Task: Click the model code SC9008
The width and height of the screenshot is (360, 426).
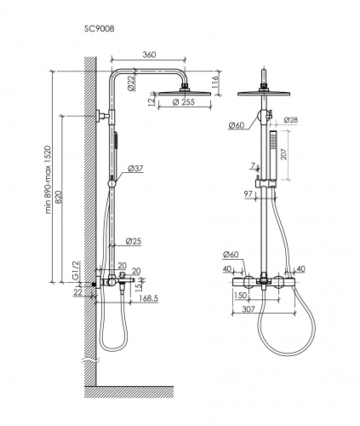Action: coord(99,29)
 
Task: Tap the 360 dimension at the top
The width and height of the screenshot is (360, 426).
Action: coord(149,55)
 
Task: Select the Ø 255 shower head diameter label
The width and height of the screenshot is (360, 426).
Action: coord(184,102)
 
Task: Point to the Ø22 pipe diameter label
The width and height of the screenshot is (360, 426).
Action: coord(131,83)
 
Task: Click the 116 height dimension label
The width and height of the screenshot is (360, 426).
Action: coord(215,82)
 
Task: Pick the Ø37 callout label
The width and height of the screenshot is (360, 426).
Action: coord(135,169)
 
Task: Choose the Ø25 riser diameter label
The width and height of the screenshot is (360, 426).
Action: coord(134,241)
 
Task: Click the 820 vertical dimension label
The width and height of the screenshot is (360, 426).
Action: coord(59,197)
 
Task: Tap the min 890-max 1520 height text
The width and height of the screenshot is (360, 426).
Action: coord(48,180)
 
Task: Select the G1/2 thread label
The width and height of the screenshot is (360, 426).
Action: coord(76,271)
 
